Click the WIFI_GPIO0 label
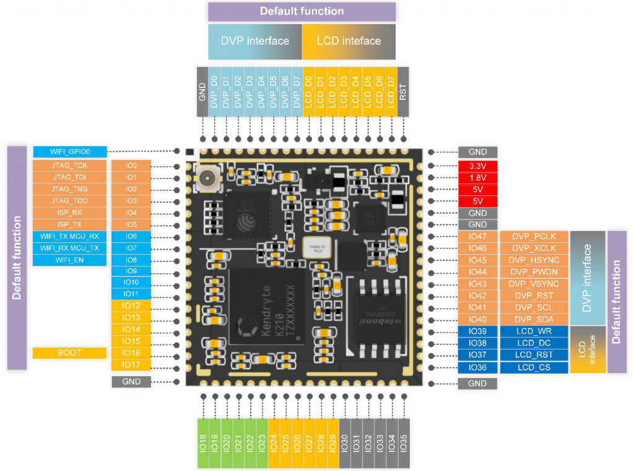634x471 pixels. click(x=69, y=151)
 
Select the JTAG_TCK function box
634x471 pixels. click(x=69, y=165)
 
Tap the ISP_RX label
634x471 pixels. click(x=69, y=213)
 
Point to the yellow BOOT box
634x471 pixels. click(x=69, y=353)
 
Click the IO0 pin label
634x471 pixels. click(x=131, y=165)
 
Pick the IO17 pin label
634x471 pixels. click(x=131, y=364)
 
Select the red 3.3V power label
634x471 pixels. click(x=477, y=165)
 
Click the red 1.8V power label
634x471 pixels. click(x=477, y=177)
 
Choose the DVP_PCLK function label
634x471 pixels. click(x=534, y=236)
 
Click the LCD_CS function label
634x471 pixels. click(x=534, y=368)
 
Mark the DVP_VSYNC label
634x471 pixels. click(x=534, y=283)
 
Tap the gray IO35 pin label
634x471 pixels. click(x=404, y=442)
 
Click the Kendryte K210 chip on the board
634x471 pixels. click(x=267, y=308)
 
